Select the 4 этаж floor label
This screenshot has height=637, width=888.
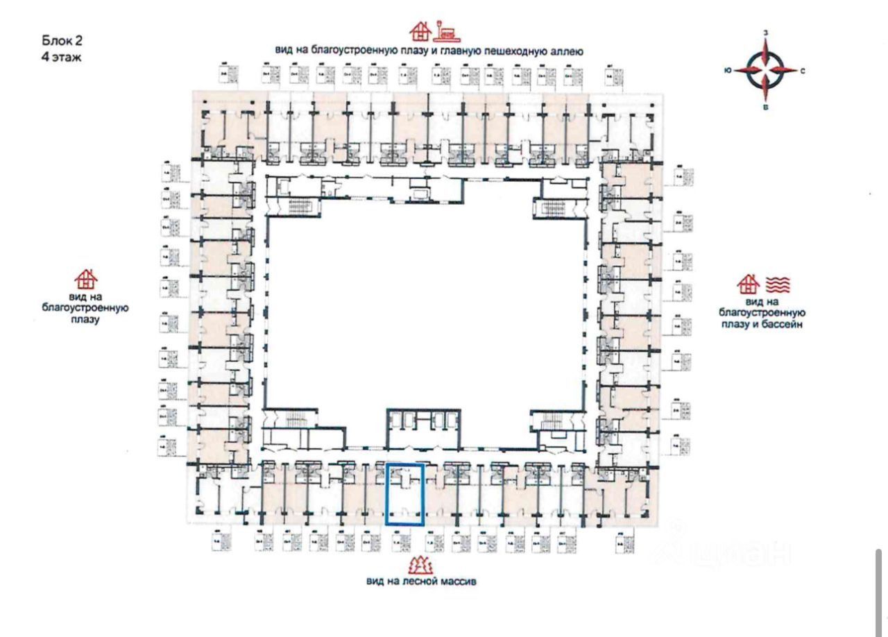[62, 57]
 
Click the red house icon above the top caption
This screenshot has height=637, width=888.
[418, 31]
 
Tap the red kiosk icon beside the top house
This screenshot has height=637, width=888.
[446, 31]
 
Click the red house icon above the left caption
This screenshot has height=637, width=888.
[86, 278]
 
